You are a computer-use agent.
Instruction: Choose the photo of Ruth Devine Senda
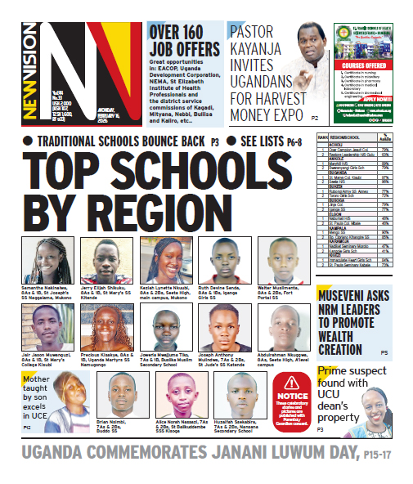tap(220, 260)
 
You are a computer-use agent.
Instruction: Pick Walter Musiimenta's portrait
tap(278, 260)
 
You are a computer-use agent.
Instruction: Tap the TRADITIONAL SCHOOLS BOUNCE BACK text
tap(120, 141)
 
